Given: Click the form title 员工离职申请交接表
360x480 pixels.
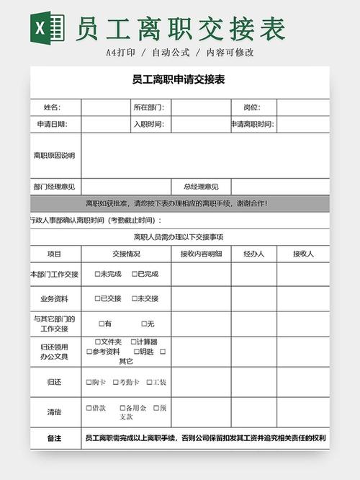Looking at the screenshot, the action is [x=179, y=80].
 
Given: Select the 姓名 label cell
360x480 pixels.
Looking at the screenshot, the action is [x=52, y=107].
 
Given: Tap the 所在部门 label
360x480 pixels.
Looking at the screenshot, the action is [x=148, y=107].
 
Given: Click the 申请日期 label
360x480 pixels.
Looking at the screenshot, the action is [x=52, y=124].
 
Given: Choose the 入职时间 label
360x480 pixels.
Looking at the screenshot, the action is [x=148, y=124].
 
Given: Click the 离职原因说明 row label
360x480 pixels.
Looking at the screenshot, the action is [x=54, y=155].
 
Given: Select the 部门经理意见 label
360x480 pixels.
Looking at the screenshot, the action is [x=54, y=187].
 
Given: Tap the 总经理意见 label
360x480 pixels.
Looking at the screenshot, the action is [x=201, y=187].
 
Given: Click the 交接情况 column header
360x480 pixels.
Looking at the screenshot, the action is [x=126, y=254].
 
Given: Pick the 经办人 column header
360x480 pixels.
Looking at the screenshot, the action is [x=254, y=254].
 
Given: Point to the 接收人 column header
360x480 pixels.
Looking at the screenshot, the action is [x=303, y=254].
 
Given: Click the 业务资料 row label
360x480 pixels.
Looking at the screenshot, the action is [x=54, y=298].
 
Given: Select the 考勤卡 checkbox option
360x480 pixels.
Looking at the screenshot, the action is [x=115, y=382].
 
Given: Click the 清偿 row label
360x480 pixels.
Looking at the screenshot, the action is [x=54, y=412].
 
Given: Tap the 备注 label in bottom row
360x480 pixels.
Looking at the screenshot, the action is [x=54, y=438].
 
